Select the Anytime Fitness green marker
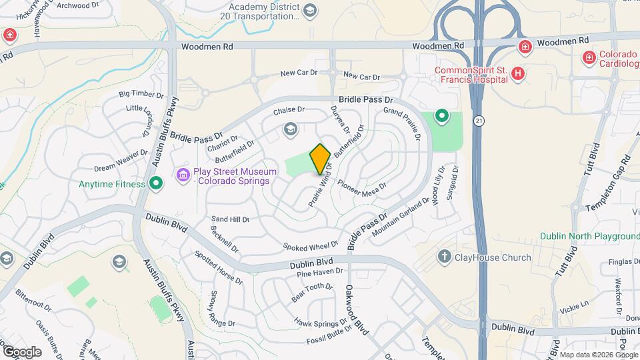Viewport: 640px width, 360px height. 156,183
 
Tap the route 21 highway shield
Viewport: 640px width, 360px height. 479,121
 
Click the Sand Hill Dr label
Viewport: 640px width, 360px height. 230,219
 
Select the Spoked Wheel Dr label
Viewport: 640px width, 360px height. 311,247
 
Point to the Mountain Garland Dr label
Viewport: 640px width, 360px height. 400,216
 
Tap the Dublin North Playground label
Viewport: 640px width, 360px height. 589,237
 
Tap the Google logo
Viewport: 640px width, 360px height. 21,351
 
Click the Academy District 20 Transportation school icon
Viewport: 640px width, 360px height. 310,10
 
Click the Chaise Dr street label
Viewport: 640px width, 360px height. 289,109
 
